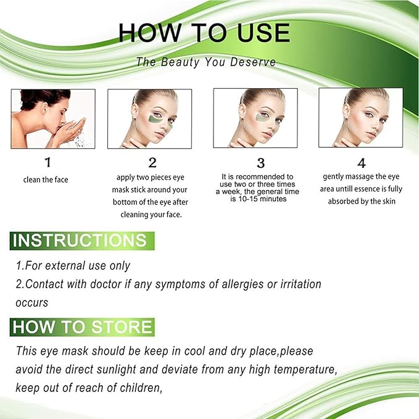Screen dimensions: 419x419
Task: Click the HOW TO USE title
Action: click(x=204, y=33)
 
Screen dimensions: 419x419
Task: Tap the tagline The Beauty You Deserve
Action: click(x=206, y=62)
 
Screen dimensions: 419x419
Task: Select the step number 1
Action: click(x=48, y=163)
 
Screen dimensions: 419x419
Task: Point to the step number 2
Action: click(x=152, y=163)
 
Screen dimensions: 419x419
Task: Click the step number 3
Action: click(x=260, y=163)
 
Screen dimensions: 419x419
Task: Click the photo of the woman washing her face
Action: click(x=53, y=118)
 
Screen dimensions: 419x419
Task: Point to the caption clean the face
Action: click(x=47, y=180)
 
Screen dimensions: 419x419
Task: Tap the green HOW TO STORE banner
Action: click(x=82, y=326)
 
